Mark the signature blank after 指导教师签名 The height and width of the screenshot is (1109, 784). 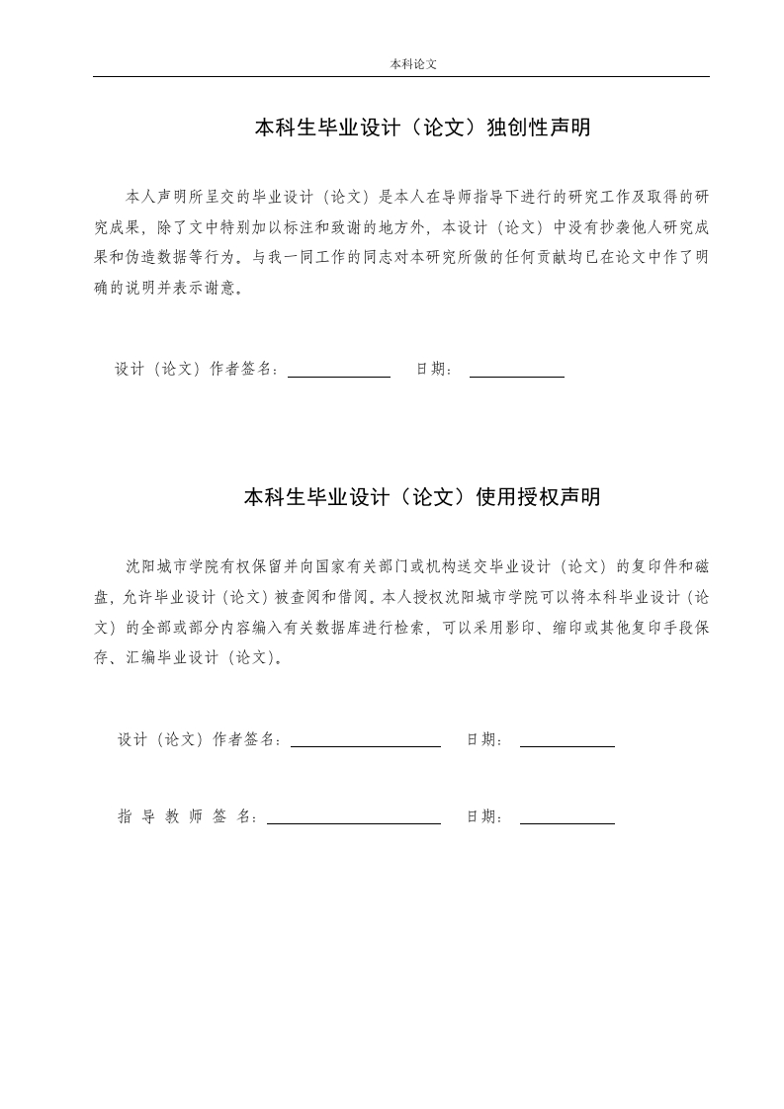pyautogui.click(x=353, y=820)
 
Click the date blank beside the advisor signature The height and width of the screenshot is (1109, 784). pyautogui.click(x=566, y=820)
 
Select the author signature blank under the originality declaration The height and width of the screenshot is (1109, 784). pyautogui.click(x=338, y=374)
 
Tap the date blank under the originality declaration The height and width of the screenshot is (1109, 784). pyautogui.click(x=516, y=374)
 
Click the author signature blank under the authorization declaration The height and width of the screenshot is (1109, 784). pyautogui.click(x=365, y=743)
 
